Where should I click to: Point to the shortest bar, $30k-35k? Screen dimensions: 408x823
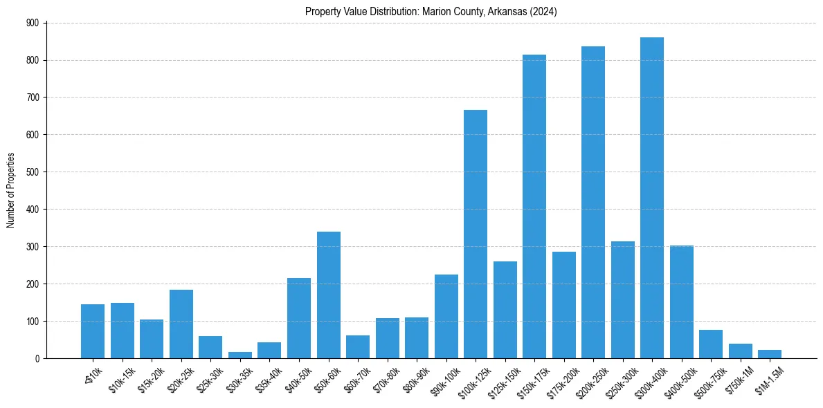[x=240, y=355]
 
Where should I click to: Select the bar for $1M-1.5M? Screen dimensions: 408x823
[x=770, y=354]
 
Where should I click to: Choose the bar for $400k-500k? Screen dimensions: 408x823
[x=682, y=302]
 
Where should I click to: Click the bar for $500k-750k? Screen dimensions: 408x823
[x=711, y=344]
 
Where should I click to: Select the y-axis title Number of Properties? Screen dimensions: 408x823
[x=11, y=190]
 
